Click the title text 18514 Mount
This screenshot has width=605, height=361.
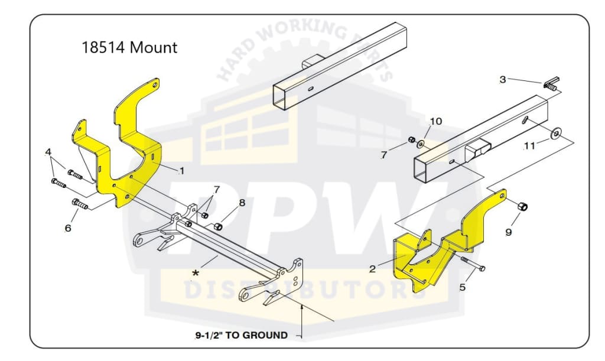[129, 47]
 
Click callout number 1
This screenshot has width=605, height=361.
[182, 171]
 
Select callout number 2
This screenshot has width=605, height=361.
[372, 269]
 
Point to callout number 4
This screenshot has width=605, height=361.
[48, 152]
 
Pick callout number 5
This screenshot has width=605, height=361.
[462, 287]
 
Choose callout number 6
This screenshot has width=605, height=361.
[68, 227]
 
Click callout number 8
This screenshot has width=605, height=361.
[242, 203]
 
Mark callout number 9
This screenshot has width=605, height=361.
[509, 232]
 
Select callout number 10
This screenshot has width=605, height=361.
[435, 121]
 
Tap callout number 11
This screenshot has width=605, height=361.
[529, 144]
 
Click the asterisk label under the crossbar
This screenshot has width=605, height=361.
[194, 273]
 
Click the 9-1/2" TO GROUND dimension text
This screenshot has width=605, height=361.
[242, 335]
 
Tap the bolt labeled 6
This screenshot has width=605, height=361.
[79, 204]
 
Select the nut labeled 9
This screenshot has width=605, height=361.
[522, 206]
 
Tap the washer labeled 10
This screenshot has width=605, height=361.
[421, 144]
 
